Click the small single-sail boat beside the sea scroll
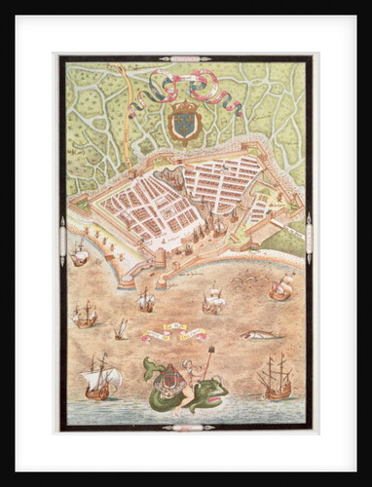point(121,329)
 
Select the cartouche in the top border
point(185,58)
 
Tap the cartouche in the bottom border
point(185,427)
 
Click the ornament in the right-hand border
point(308,239)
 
